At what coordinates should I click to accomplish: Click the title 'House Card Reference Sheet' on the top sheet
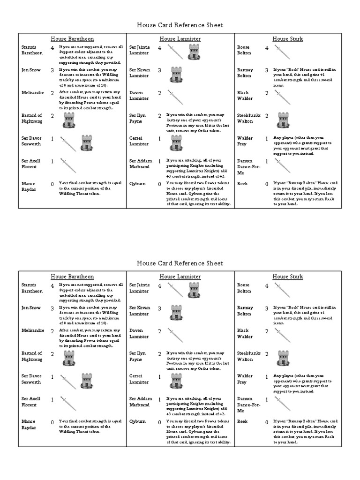[180, 25]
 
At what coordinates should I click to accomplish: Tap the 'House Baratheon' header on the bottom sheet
[72, 277]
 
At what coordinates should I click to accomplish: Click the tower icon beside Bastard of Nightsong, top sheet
[69, 121]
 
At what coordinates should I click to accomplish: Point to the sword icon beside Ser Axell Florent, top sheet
[68, 165]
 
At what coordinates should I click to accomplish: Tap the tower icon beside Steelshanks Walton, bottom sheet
[283, 359]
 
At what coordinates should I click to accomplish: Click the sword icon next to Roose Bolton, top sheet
[283, 52]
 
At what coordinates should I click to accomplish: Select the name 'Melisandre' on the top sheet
[33, 93]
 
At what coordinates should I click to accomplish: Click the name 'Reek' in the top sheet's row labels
[242, 184]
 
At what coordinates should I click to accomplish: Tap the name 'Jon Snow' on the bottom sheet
[31, 308]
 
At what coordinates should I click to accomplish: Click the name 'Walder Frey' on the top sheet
[245, 141]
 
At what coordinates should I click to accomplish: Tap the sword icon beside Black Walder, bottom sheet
[283, 335]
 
